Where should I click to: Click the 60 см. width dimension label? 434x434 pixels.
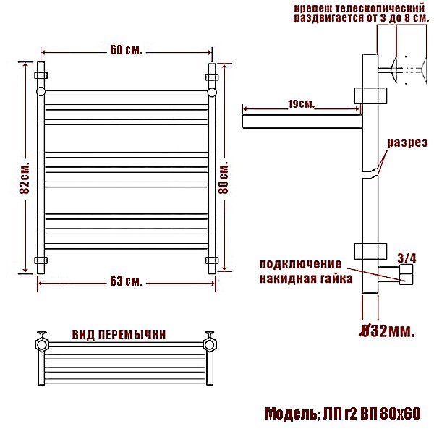pyautogui.click(x=126, y=50)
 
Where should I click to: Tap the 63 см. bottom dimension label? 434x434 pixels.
pyautogui.click(x=126, y=281)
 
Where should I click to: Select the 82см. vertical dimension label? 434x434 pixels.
pyautogui.click(x=25, y=177)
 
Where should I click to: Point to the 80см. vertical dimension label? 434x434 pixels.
pyautogui.click(x=224, y=177)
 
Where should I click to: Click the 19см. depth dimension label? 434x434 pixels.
pyautogui.click(x=302, y=104)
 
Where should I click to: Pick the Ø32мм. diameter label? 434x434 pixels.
pyautogui.click(x=387, y=331)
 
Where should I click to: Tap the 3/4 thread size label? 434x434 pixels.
pyautogui.click(x=407, y=258)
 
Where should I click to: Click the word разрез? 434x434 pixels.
pyautogui.click(x=407, y=142)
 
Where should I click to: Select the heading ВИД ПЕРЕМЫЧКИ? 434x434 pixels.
pyautogui.click(x=119, y=335)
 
